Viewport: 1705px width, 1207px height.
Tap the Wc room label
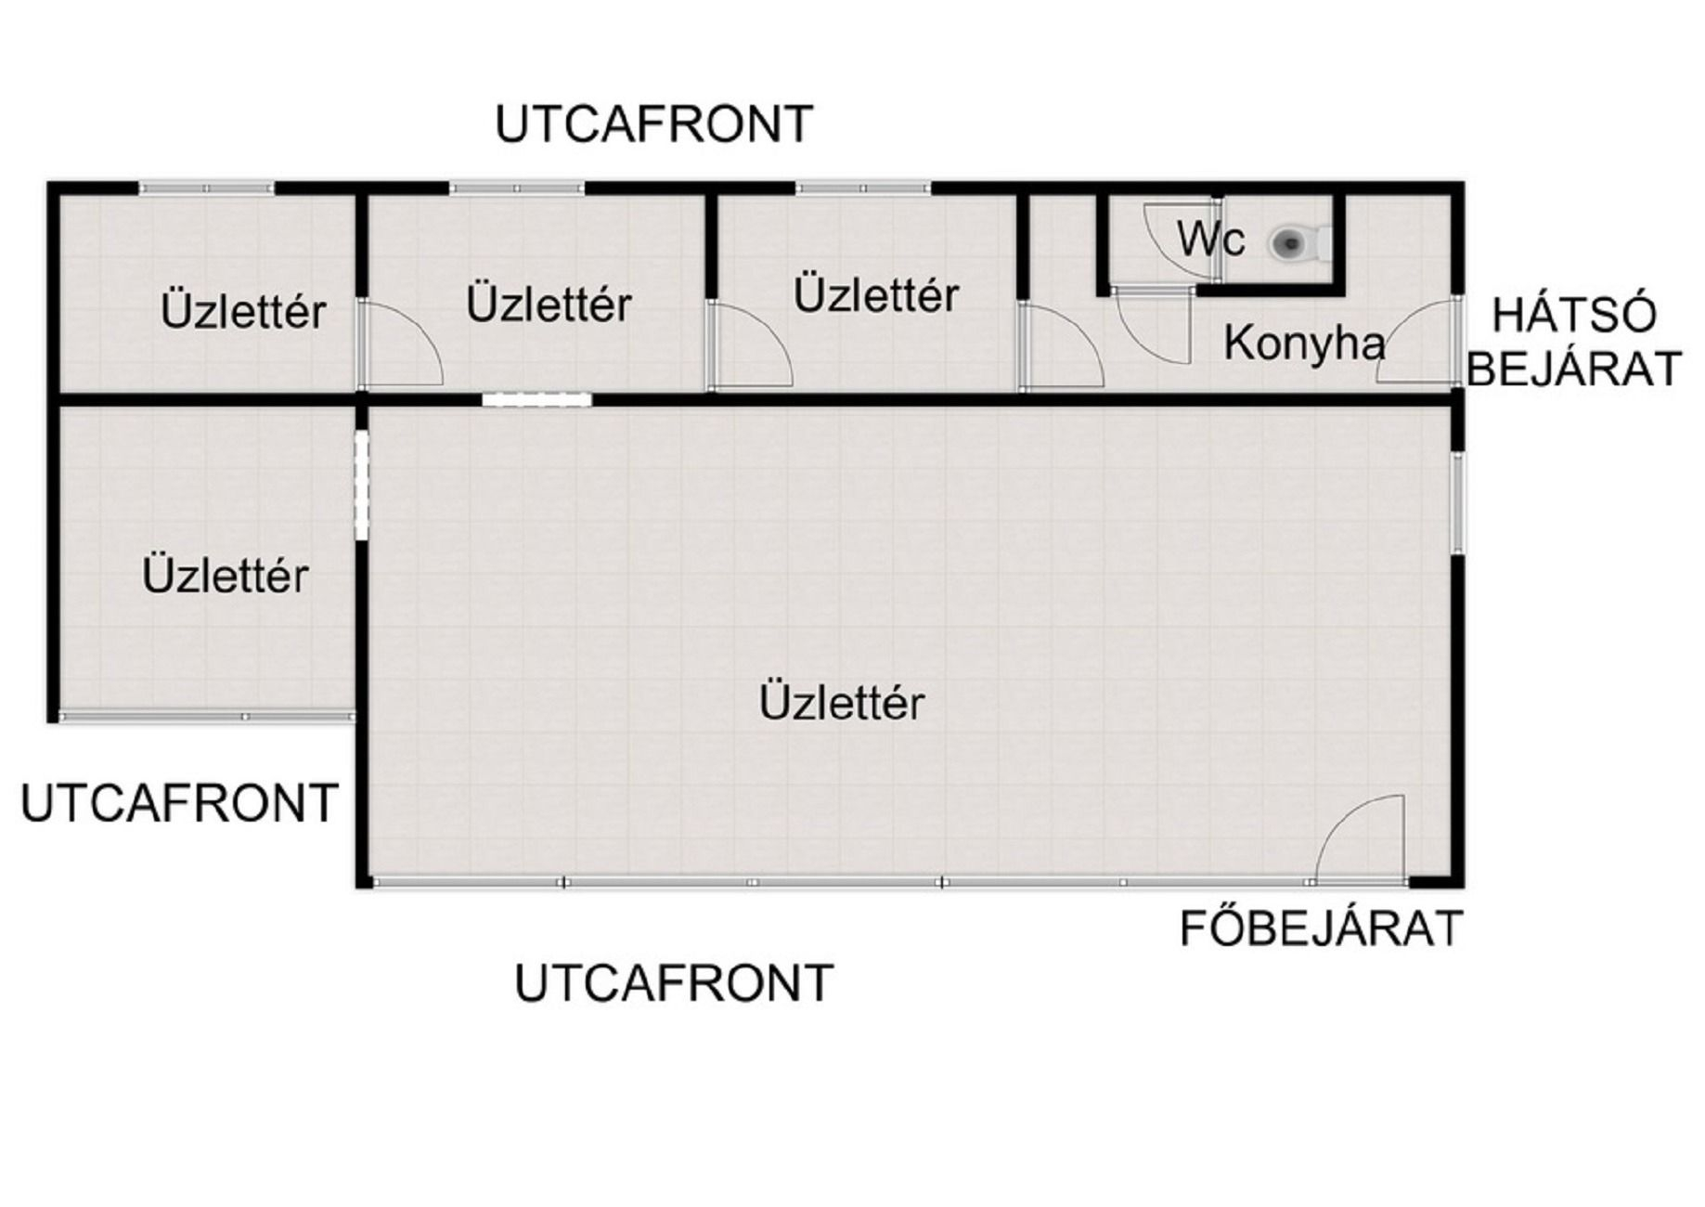1210,240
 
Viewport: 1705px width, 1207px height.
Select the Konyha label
1304,344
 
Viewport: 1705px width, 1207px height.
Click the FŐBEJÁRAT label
1321,928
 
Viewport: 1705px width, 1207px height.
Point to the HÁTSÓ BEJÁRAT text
1574,342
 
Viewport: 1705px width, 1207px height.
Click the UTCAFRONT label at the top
654,124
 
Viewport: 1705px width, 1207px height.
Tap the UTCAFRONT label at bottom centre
674,983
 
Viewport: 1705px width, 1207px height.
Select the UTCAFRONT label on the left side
179,803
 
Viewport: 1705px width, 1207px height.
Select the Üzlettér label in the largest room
842,703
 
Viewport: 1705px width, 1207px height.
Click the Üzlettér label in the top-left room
243,312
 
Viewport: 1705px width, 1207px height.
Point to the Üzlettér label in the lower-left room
226,576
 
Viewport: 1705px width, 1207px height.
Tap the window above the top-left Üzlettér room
207,188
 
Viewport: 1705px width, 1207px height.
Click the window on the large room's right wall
1458,503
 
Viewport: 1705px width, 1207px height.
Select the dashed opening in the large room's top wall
537,400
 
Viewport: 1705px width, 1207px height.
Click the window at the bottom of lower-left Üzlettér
207,717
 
